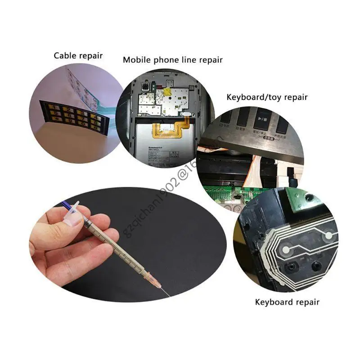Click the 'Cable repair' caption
[78, 56]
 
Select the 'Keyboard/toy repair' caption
[267, 97]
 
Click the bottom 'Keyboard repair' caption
[287, 302]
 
